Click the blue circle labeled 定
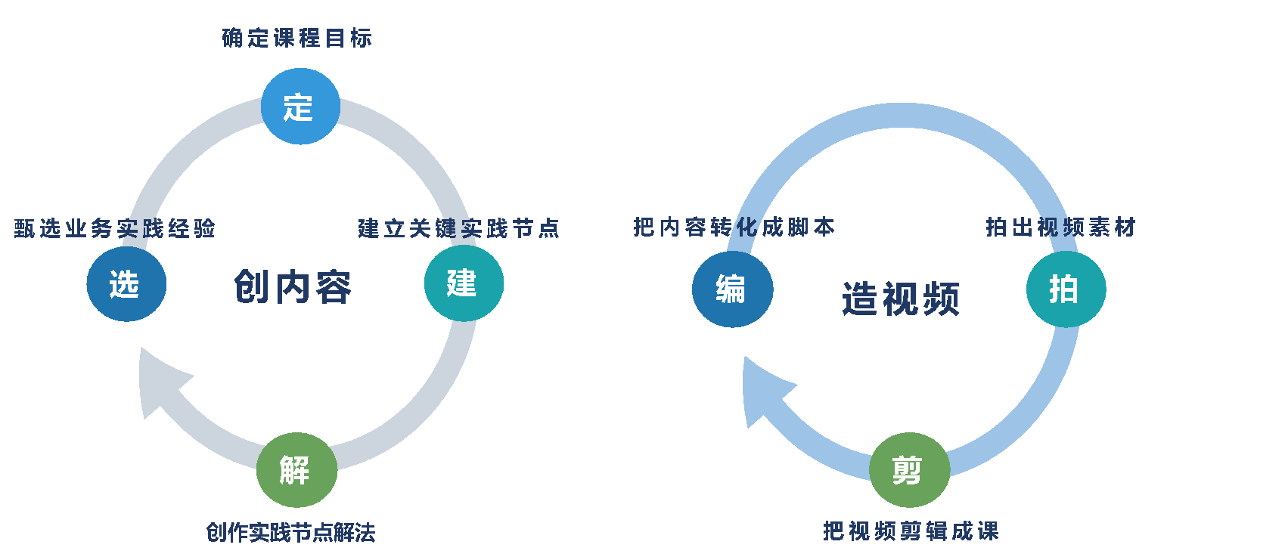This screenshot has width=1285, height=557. (300, 107)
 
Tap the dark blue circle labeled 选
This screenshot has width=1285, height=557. (126, 284)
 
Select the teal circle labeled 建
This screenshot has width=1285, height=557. (464, 283)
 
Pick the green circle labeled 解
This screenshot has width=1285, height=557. (296, 470)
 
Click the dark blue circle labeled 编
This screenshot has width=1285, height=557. (732, 289)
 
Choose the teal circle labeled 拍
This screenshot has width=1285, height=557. (1066, 289)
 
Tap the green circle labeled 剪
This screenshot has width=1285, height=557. (909, 470)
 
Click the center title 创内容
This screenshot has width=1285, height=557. (293, 287)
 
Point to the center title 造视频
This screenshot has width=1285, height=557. (901, 299)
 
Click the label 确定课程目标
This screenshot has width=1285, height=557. (297, 38)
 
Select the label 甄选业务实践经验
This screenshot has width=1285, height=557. (115, 228)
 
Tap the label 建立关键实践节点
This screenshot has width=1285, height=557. (458, 228)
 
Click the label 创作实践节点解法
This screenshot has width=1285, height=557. (290, 533)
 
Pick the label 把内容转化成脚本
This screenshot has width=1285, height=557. (734, 227)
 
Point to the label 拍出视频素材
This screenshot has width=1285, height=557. (1060, 227)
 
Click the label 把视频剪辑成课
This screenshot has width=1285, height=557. (911, 531)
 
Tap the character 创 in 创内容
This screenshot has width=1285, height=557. (253, 287)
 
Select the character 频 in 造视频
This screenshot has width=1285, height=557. (941, 299)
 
